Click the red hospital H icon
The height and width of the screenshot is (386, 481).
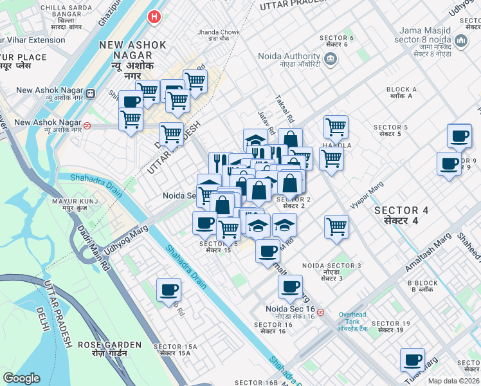pos(154,17)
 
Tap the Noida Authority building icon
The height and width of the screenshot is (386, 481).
pos(331,60)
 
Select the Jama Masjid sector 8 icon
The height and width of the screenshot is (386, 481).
pos(460,42)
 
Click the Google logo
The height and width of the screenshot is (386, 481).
pos(21,378)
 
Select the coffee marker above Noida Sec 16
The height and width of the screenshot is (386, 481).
pos(290,287)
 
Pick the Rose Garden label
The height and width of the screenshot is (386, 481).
pos(100,349)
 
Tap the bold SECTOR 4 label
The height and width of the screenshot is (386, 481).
pos(401,215)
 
